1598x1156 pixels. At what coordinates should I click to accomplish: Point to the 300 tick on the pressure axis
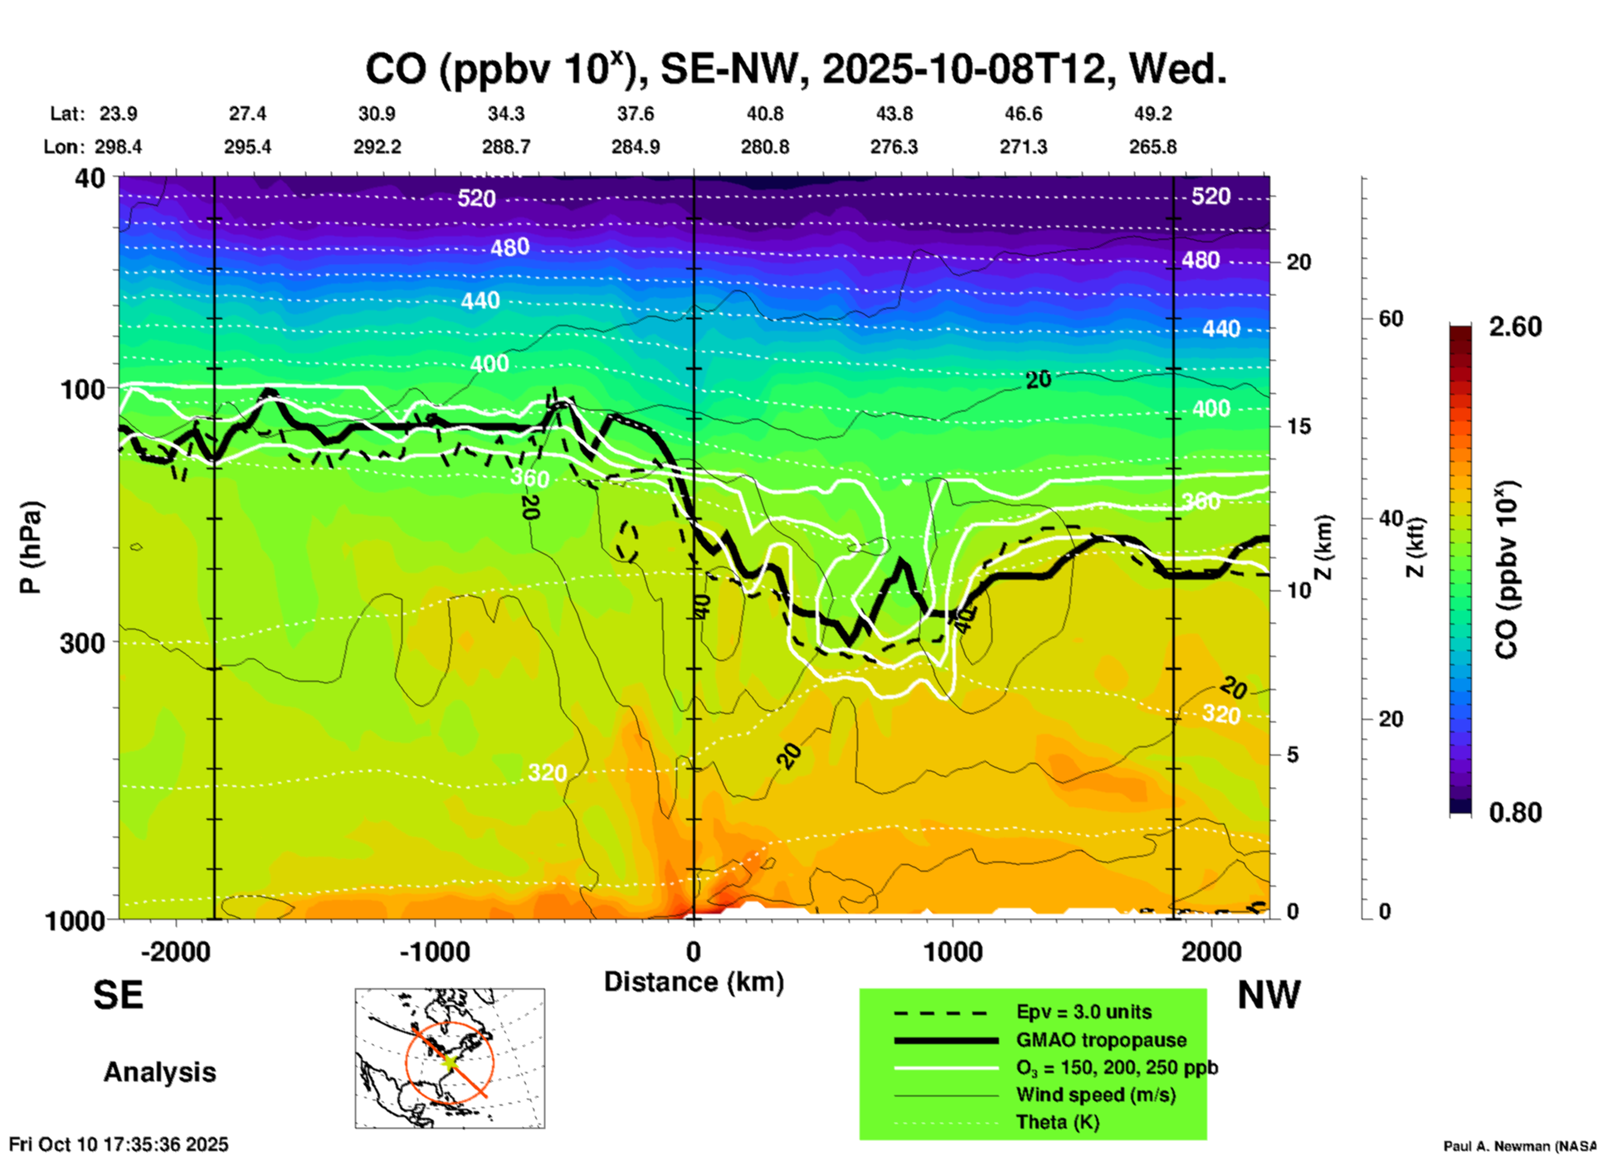(83, 643)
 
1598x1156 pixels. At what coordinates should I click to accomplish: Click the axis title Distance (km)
(694, 982)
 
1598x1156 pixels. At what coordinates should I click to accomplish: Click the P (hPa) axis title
(30, 547)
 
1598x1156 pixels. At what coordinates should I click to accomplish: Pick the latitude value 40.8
(764, 114)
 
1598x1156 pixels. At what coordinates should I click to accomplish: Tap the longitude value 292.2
(378, 147)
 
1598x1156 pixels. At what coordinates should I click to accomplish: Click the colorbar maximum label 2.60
(1515, 327)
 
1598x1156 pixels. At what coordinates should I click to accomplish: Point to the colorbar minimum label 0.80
(1515, 813)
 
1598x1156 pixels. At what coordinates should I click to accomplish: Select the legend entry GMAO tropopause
(1101, 1040)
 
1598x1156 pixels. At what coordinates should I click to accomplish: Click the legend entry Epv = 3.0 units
(1084, 1012)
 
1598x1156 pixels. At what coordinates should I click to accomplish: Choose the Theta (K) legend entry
(1057, 1122)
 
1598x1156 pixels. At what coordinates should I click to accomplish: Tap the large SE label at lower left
(118, 995)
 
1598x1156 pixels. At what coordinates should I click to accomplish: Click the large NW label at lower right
(1269, 995)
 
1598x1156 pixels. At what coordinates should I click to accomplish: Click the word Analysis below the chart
(159, 1072)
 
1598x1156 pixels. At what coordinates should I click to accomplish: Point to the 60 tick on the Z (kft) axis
(1391, 318)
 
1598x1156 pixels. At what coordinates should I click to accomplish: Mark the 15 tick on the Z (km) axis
(1298, 426)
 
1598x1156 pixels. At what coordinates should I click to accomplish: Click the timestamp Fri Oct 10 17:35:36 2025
(119, 1144)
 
